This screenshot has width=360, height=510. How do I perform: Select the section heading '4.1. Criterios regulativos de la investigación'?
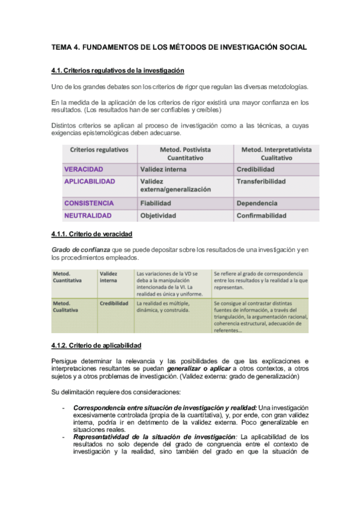(x=118, y=70)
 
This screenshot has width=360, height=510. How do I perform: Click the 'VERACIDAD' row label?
(x=84, y=170)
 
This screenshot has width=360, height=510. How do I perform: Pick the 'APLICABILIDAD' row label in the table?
(x=90, y=181)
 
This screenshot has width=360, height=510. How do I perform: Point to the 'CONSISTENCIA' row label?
(x=88, y=203)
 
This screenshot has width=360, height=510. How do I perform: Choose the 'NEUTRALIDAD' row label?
(x=87, y=215)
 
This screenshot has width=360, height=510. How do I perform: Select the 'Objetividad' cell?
(x=158, y=215)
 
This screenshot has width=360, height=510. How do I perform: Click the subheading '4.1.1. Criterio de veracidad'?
(x=92, y=234)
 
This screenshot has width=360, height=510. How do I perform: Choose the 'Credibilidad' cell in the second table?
(x=114, y=304)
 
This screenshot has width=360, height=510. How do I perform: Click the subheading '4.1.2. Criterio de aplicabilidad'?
(x=97, y=345)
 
